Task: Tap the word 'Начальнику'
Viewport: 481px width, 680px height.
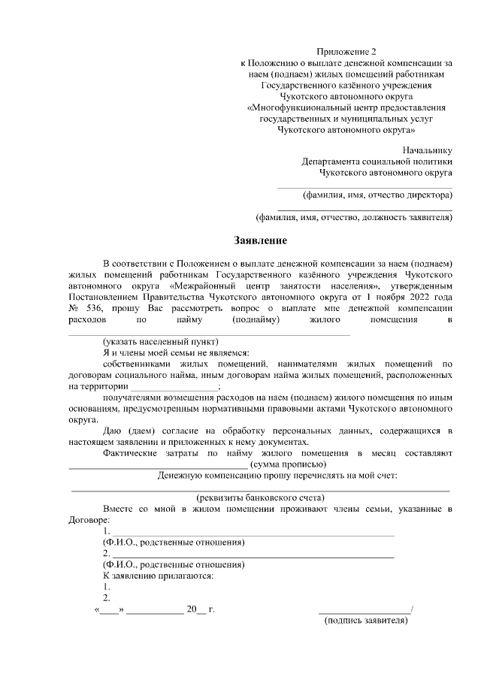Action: point(427,149)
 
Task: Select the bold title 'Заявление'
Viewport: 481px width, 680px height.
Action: point(259,241)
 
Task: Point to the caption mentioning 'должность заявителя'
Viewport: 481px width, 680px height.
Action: point(354,218)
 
